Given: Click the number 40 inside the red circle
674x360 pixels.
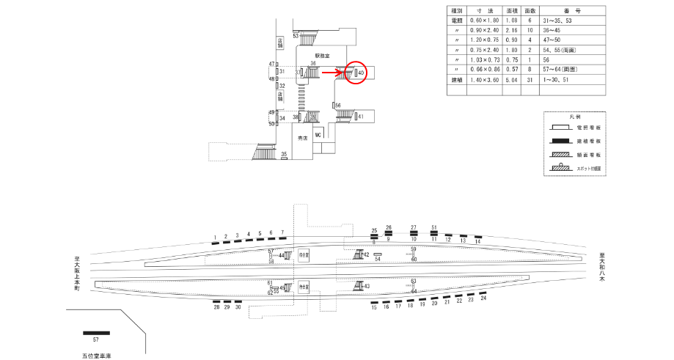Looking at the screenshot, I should tap(362, 73).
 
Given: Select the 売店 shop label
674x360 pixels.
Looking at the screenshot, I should tap(301, 138).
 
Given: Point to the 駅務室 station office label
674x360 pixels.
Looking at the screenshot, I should tap(323, 55).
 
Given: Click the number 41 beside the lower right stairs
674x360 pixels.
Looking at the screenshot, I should tap(361, 117).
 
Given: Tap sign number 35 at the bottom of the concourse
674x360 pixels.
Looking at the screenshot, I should tap(285, 153).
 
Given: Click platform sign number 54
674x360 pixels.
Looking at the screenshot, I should tap(378, 258).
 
